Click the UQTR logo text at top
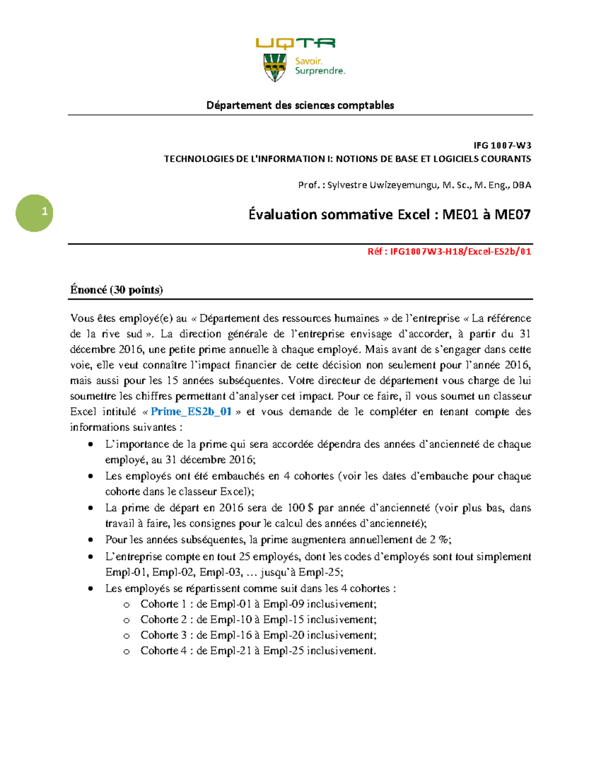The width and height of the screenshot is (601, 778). click(x=295, y=44)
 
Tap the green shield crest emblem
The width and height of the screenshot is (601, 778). click(x=274, y=67)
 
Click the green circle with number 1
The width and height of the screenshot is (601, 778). click(x=35, y=213)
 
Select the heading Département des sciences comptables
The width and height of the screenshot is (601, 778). click(x=300, y=105)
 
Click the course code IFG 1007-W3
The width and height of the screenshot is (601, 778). click(x=502, y=146)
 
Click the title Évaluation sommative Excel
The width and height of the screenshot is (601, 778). click(x=339, y=215)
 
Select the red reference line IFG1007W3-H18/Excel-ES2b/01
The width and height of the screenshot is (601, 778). click(x=449, y=251)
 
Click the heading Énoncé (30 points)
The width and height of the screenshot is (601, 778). click(x=116, y=290)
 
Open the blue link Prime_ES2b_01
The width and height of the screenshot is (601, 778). click(x=191, y=412)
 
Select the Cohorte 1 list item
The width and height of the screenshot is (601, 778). click(x=258, y=604)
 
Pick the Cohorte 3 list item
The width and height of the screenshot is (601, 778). click(x=258, y=635)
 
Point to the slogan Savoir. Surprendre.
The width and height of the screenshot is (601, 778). click(x=320, y=66)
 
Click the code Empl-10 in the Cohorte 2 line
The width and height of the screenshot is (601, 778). click(x=231, y=620)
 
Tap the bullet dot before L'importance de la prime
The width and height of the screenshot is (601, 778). click(x=91, y=444)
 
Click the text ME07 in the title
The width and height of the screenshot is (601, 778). click(x=512, y=215)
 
